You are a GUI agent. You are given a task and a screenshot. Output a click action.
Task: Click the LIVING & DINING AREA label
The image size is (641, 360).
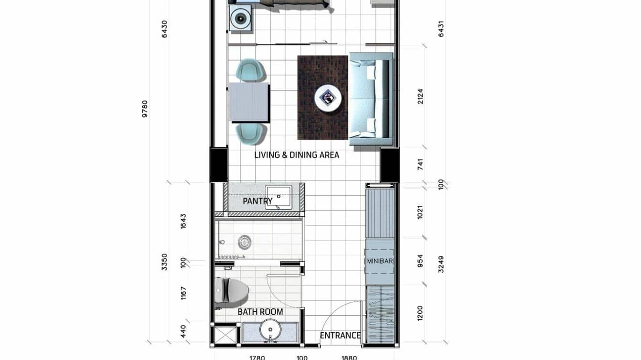tap(297, 155)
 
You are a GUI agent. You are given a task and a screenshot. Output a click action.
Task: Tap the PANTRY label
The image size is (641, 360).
tap(257, 201)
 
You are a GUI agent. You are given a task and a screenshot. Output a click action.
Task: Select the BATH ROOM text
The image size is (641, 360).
tap(260, 312)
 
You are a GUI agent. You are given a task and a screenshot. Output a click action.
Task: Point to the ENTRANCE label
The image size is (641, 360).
tap(340, 336)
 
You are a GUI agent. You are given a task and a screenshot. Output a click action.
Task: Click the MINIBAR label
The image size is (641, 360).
tap(380, 262)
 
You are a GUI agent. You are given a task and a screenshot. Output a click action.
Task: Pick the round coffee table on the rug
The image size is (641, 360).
tap(328, 98)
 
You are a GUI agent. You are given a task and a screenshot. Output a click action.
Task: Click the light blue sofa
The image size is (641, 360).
tap(371, 98)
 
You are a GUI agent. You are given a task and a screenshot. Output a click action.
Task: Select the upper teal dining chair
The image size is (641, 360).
tap(250, 70)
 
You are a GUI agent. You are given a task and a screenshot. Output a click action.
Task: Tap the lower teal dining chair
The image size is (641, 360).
tap(250, 133)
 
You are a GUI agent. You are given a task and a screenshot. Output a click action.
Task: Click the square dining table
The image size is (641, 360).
tap(249, 102)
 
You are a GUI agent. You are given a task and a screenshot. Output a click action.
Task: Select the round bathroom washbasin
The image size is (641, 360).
tap(271, 331)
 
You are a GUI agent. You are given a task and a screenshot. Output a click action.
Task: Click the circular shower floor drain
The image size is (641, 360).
tap(245, 242)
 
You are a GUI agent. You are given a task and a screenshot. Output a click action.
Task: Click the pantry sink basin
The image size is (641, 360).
tap(278, 197)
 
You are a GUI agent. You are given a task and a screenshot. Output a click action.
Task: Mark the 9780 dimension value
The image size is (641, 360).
tap(145, 109)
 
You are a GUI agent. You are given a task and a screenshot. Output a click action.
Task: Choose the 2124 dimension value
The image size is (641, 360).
tap(420, 96)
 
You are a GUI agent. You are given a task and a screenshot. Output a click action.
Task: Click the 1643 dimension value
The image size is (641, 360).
tap(183, 221)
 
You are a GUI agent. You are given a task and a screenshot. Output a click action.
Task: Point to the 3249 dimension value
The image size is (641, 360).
tap(441, 264)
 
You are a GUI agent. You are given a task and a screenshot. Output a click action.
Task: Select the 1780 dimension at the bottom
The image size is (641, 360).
tap(257, 357)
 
